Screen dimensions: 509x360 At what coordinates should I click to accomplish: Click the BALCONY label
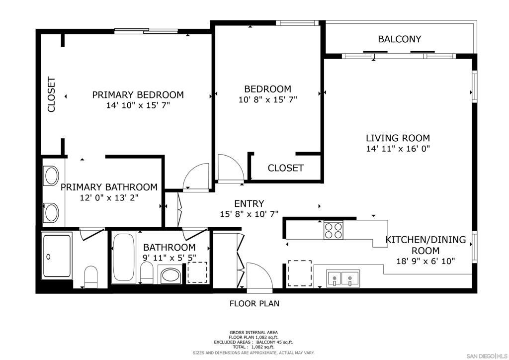399,39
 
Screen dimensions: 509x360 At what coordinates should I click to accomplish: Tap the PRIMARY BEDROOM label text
138,95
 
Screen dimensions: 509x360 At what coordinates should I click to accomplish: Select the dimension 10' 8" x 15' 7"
268,99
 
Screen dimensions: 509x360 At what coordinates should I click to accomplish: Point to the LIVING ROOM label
398,138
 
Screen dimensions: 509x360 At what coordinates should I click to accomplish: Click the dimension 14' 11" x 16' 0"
398,149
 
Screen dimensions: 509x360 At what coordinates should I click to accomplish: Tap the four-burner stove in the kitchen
333,230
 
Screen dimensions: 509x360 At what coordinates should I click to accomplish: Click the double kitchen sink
343,279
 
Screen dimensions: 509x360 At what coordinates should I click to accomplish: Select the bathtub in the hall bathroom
123,258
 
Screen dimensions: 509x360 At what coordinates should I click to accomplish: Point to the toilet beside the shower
90,277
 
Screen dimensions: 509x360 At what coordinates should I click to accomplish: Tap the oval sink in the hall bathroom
170,275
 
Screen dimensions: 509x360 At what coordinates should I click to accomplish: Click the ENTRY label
249,203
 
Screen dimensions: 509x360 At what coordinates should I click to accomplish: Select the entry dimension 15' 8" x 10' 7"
249,214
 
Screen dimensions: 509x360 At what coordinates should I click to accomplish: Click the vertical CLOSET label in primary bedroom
51,94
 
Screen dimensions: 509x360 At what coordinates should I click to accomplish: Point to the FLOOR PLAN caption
254,303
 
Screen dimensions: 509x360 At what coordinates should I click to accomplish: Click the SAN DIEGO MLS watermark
487,356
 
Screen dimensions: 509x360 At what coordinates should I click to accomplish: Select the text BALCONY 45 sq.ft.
274,342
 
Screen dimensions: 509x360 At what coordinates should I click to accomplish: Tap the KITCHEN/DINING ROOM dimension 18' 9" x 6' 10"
425,261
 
